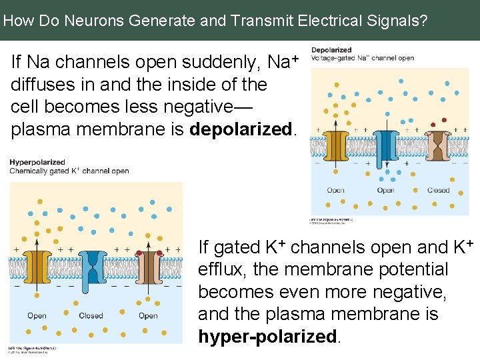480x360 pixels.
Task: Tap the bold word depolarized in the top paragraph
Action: (241, 129)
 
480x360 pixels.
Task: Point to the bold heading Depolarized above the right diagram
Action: (331, 50)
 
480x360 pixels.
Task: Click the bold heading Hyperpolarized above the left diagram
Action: (37, 162)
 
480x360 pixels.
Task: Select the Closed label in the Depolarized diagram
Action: (438, 190)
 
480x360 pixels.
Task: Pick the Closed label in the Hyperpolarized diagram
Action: (91, 315)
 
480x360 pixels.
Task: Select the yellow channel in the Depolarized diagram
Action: (336, 148)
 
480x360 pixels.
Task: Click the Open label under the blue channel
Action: (385, 190)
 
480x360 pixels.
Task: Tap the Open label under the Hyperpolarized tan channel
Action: (148, 315)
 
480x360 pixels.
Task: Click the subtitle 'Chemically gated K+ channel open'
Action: (69, 171)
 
